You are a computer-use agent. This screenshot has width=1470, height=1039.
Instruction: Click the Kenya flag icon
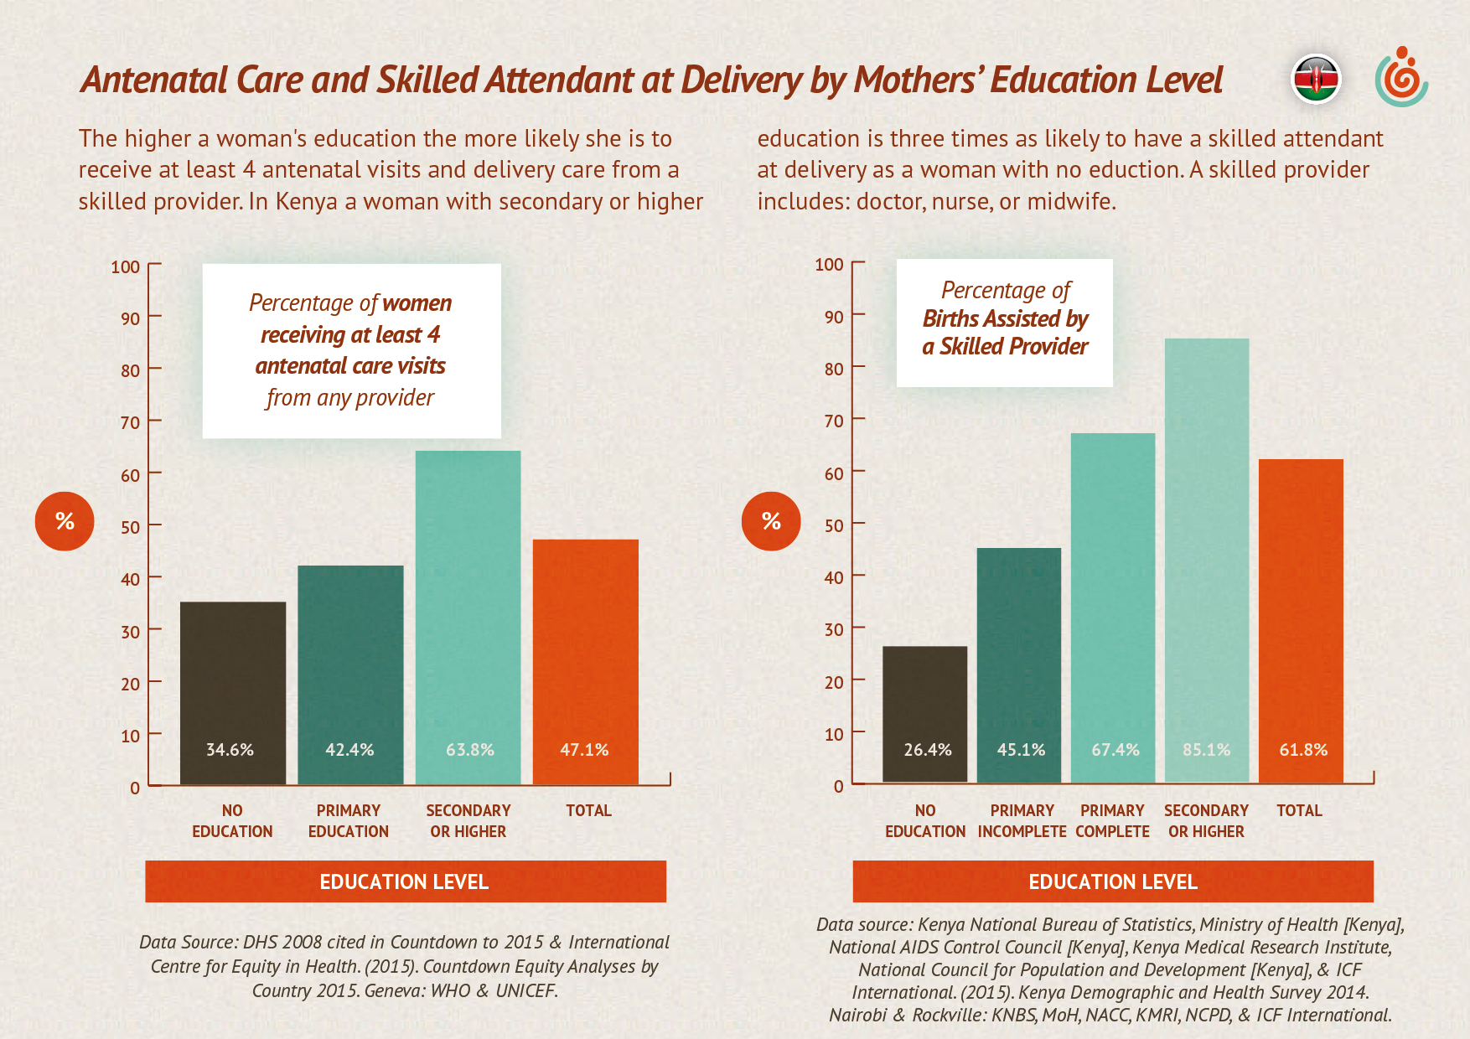click(1316, 80)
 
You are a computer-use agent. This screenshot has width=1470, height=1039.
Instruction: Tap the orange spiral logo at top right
click(1401, 78)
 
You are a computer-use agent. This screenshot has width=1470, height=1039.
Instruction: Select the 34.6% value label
click(230, 750)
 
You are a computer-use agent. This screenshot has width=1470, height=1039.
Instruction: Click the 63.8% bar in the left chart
click(468, 603)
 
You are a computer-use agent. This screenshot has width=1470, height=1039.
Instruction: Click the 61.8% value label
click(1303, 750)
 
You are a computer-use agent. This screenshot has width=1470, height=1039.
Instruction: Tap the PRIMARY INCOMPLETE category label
click(1022, 821)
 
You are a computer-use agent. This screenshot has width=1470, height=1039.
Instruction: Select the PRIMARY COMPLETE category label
click(1112, 821)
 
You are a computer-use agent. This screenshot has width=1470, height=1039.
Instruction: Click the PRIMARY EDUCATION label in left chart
click(349, 821)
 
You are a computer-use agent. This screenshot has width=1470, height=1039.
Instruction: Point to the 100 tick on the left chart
click(126, 267)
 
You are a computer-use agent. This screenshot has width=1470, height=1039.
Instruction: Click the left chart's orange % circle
click(65, 521)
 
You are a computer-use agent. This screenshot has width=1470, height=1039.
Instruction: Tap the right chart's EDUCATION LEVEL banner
click(1113, 881)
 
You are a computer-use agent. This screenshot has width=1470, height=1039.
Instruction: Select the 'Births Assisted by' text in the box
click(1005, 319)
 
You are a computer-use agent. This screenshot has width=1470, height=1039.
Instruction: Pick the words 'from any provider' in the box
click(350, 397)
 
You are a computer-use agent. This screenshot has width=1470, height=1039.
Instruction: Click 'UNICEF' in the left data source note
click(525, 990)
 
